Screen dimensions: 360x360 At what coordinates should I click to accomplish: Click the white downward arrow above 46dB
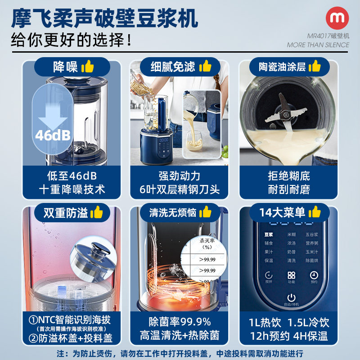click(53, 115)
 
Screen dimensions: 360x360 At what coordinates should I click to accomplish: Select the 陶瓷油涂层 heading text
click(282, 67)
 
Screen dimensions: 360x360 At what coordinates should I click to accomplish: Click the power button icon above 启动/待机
click(292, 297)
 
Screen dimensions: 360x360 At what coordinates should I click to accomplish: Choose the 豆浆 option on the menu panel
click(269, 234)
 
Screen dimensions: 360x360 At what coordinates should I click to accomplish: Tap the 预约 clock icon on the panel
click(314, 275)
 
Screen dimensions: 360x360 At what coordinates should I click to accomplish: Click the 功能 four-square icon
click(291, 275)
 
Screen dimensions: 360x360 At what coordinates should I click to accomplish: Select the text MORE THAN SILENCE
click(318, 45)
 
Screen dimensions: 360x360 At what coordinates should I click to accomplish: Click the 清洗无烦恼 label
click(174, 212)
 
